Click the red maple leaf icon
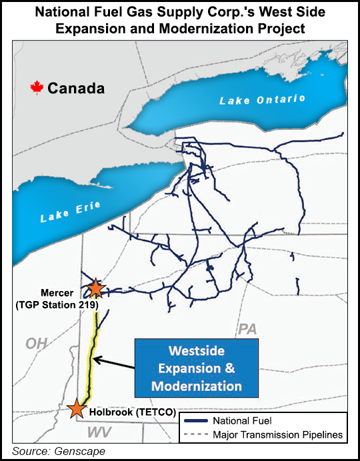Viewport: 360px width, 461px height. [37, 87]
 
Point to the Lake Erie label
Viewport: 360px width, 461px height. [70, 212]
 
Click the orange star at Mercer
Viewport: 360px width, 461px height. [96, 288]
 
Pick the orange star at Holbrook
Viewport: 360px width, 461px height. [77, 408]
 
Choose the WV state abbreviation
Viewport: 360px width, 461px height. [88, 434]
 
